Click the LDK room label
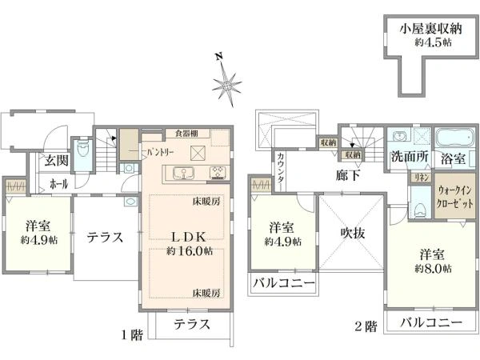[x=190, y=236]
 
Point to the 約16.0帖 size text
[x=190, y=250]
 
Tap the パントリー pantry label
[x=160, y=150]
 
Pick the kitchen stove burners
[x=218, y=172]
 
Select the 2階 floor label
[x=365, y=326]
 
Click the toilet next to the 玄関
[x=82, y=150]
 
